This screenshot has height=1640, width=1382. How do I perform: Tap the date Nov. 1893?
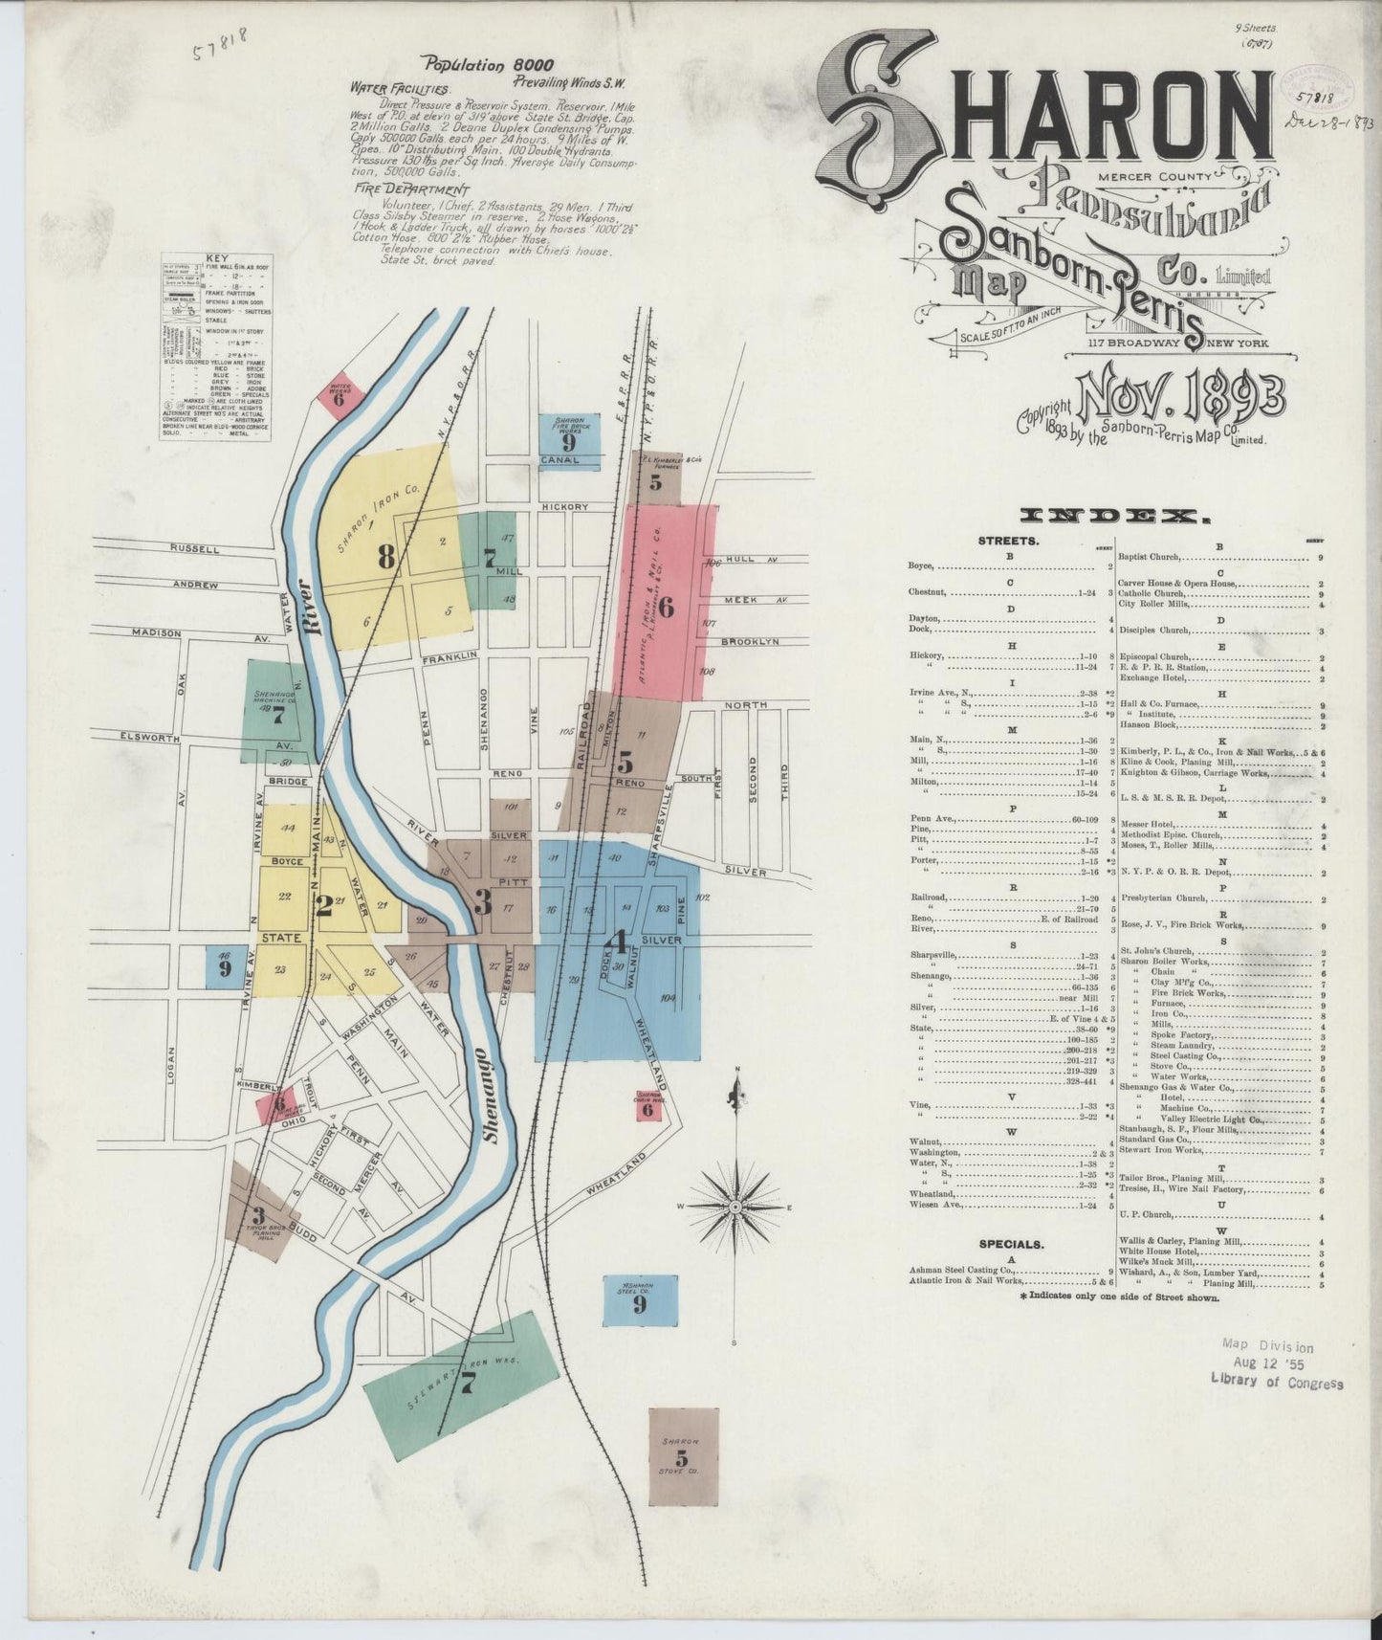[1181, 392]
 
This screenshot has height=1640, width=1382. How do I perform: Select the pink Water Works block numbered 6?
[339, 395]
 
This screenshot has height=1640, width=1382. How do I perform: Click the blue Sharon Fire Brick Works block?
[568, 434]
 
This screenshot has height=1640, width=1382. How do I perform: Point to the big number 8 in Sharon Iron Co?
[385, 557]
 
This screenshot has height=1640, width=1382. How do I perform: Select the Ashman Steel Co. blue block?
[640, 1299]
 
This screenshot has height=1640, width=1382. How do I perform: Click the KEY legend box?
[214, 346]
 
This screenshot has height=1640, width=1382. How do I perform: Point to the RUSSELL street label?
[195, 549]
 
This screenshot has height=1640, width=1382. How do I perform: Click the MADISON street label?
[156, 632]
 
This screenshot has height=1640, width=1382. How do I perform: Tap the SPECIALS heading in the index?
[1011, 1245]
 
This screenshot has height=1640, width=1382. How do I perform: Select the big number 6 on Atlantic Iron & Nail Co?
[667, 607]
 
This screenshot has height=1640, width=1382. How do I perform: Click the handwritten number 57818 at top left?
[219, 41]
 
